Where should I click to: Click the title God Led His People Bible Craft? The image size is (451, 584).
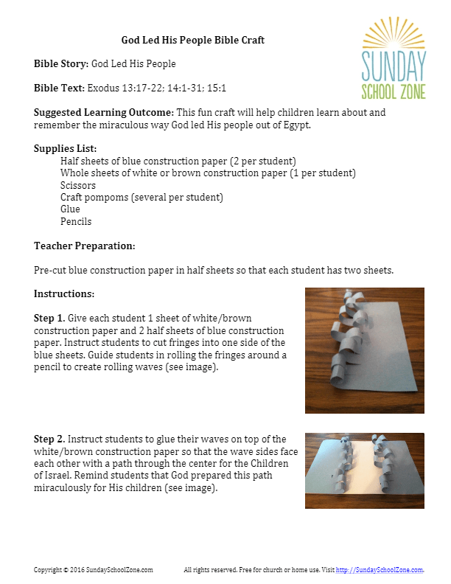point(192,40)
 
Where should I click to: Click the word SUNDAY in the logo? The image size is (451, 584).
point(394,68)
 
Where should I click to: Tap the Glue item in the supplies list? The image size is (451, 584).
point(70,209)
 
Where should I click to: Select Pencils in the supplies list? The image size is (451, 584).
point(76,221)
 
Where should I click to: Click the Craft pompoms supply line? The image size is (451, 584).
point(141,198)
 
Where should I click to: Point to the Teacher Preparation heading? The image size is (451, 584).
point(84,246)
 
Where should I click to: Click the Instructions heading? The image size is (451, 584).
point(64,293)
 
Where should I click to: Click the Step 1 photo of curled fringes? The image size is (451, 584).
point(364,350)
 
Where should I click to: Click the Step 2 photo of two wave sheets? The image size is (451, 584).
point(364,470)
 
